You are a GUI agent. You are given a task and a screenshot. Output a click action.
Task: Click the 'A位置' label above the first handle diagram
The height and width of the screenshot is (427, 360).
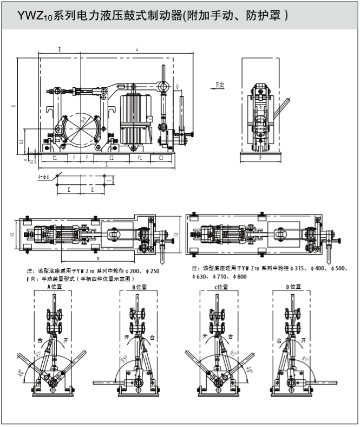(x=56, y=287)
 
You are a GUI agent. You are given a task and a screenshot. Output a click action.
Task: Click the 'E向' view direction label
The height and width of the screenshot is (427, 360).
(x=220, y=85)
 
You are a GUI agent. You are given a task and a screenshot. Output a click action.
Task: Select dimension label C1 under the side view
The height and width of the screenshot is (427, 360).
(x=55, y=158)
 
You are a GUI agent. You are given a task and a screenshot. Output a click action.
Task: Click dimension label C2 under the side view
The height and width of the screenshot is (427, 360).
(x=112, y=158)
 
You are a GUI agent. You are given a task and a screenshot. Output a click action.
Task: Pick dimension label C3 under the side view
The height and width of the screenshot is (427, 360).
(x=161, y=158)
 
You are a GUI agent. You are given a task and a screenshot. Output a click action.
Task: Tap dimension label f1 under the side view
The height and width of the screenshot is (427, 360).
(x=139, y=158)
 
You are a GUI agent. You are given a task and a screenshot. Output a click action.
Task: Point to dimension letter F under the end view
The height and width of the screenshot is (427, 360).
(x=261, y=158)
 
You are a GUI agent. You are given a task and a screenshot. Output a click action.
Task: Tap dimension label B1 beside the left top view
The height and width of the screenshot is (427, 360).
(x=12, y=235)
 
